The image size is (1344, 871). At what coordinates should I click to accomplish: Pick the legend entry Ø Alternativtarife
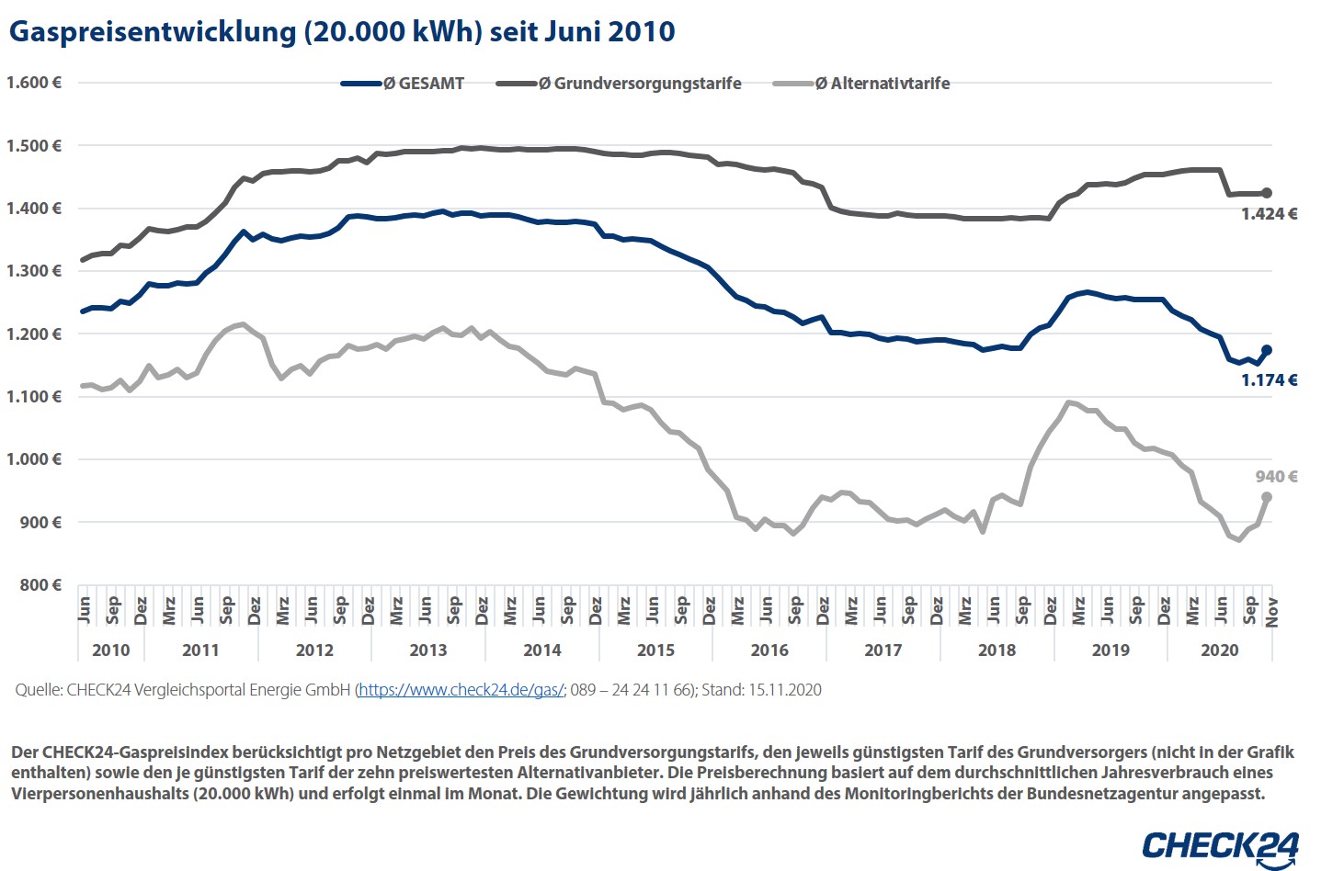click(x=883, y=84)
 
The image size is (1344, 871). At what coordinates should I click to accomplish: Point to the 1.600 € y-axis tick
click(x=34, y=83)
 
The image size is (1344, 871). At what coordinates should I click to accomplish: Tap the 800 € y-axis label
click(x=41, y=585)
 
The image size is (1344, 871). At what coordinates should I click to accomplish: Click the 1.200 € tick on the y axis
click(x=34, y=334)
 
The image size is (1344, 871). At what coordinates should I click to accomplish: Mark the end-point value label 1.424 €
click(x=1269, y=214)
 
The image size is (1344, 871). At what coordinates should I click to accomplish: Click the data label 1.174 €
click(x=1269, y=380)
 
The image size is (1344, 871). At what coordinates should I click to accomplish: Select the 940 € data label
click(x=1276, y=477)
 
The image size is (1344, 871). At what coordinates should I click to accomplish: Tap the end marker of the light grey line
click(x=1267, y=497)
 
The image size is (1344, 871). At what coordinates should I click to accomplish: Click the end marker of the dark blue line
click(x=1267, y=350)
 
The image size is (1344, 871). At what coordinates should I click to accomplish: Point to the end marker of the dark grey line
click(x=1267, y=193)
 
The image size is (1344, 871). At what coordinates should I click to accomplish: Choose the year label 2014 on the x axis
click(x=541, y=650)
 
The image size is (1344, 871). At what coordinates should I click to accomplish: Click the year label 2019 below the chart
click(x=1111, y=650)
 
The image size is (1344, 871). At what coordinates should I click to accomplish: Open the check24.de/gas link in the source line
click(x=461, y=690)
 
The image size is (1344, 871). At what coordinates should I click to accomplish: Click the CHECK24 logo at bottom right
click(x=1220, y=846)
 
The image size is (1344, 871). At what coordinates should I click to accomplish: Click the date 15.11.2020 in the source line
click(x=783, y=690)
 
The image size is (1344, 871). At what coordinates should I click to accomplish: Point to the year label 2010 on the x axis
click(x=111, y=650)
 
